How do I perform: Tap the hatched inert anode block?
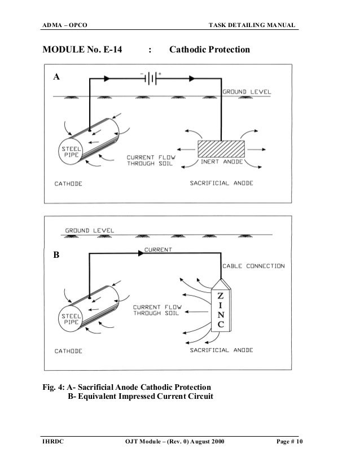221,149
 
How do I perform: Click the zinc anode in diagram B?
219,309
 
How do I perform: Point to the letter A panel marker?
56,78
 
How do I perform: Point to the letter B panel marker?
56,255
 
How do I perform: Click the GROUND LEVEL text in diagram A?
247,91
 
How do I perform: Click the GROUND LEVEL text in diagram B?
90,230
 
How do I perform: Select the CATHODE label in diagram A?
69,183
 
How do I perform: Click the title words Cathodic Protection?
209,50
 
